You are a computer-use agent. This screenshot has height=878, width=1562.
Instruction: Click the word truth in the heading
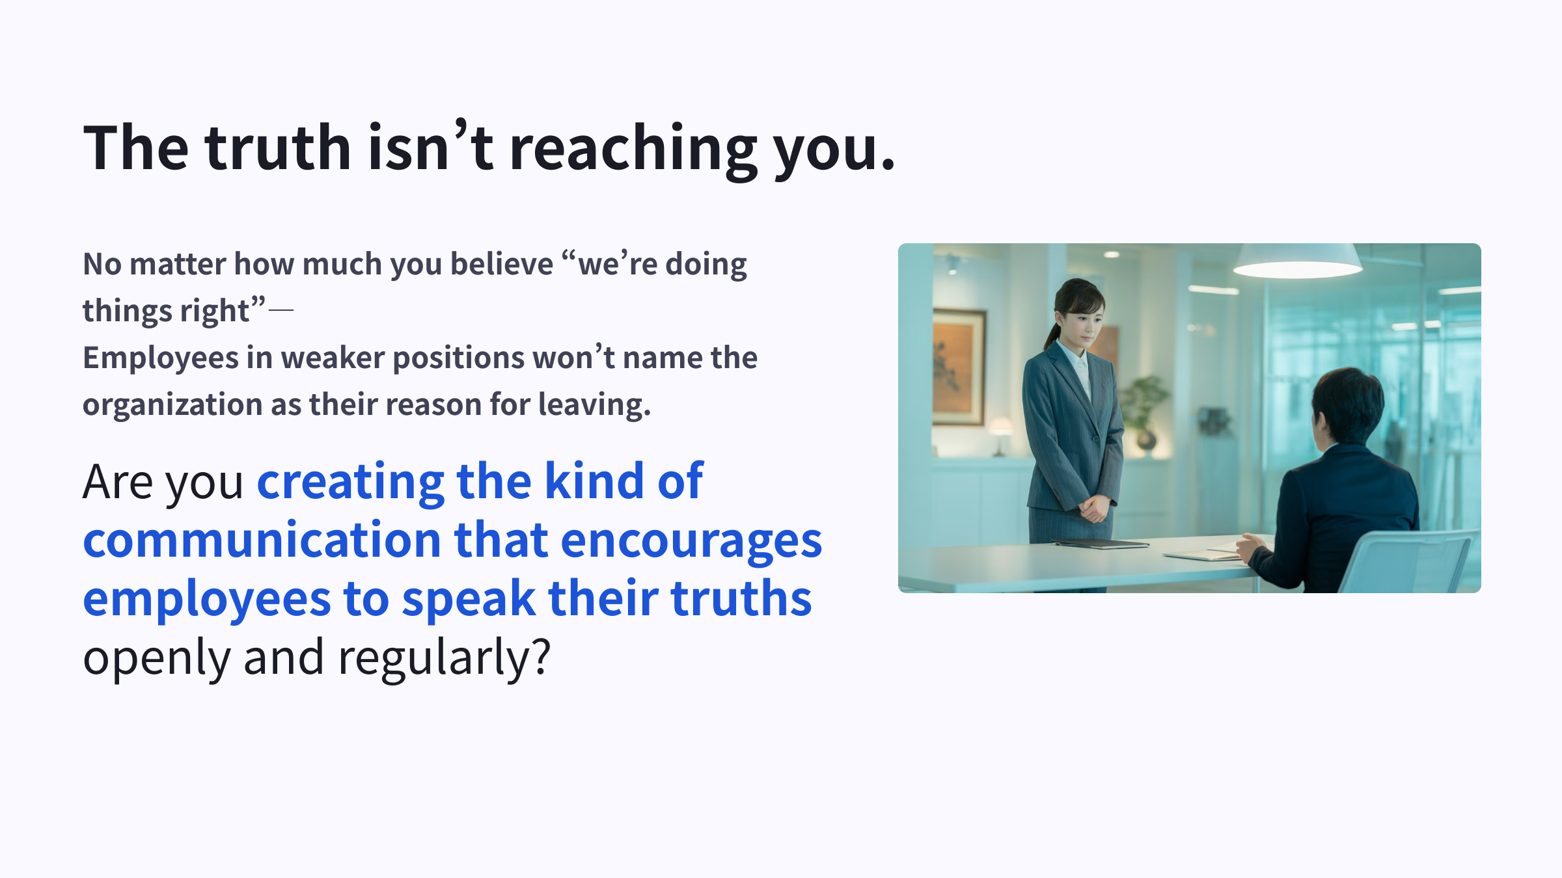[279, 148]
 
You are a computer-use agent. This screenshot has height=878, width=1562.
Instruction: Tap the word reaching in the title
[633, 150]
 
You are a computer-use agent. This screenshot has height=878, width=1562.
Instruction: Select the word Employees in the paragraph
[161, 358]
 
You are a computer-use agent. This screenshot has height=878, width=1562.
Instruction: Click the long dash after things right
[281, 311]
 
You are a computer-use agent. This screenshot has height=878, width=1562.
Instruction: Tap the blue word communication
[262, 540]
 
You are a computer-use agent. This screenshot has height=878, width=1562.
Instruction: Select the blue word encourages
[691, 540]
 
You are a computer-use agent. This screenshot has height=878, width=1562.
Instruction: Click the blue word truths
[741, 599]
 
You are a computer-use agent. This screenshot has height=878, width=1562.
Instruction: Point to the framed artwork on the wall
[958, 367]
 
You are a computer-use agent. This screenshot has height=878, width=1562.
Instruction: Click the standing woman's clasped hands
[1095, 508]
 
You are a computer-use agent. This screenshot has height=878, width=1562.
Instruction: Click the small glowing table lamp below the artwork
[1000, 432]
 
